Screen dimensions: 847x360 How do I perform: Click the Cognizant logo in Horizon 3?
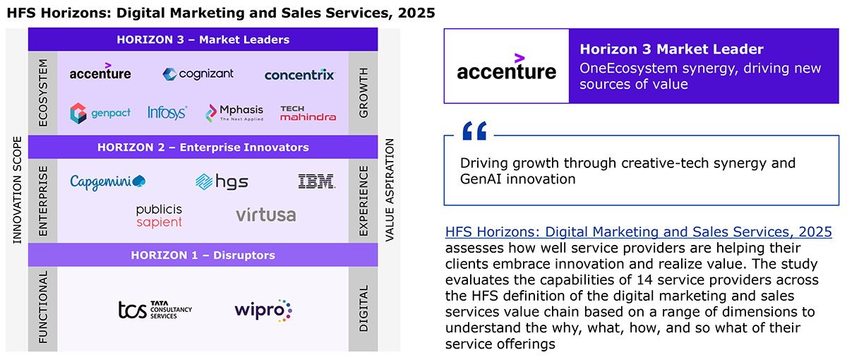[x=198, y=73]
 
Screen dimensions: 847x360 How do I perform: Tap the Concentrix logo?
[x=299, y=75]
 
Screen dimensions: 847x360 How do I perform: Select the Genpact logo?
[x=100, y=113]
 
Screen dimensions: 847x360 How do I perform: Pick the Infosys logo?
[x=167, y=113]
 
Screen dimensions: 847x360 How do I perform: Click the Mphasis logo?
[x=234, y=113]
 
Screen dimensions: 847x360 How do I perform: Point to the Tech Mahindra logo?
[x=308, y=113]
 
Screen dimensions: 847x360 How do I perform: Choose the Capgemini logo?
[x=108, y=182]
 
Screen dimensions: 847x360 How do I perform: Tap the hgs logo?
[x=222, y=182]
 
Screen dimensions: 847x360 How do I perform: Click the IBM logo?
[x=316, y=181]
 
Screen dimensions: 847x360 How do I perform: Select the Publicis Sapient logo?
[x=160, y=216]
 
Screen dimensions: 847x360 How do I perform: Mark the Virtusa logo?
[x=266, y=215]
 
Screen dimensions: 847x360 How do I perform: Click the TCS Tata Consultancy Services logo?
[x=155, y=310]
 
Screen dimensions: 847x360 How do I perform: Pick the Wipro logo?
[x=263, y=311]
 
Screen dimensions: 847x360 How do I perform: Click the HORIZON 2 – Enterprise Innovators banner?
[x=203, y=147]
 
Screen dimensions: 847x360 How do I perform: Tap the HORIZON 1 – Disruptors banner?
[x=203, y=256]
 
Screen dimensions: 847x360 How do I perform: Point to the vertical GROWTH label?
[x=364, y=93]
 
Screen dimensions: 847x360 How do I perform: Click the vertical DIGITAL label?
[x=364, y=308]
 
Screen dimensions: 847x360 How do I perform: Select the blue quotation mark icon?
[x=474, y=131]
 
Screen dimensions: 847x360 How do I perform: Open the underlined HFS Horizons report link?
[x=638, y=232]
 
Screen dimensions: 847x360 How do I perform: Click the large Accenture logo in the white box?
[x=507, y=67]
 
